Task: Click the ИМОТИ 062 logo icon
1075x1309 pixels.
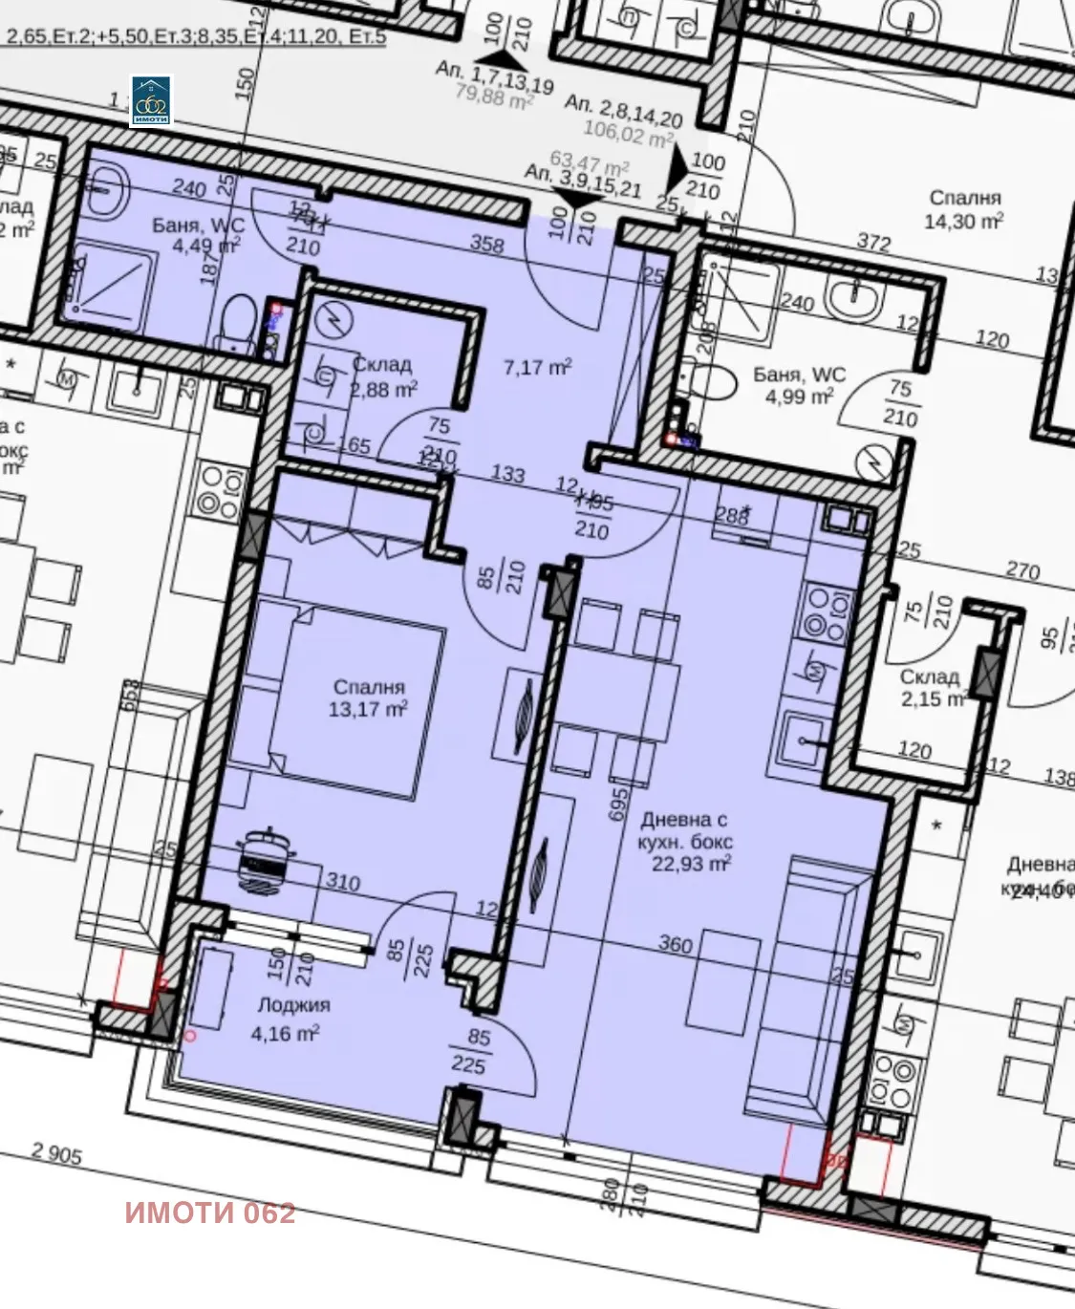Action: click(151, 100)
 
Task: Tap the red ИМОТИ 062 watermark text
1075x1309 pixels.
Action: click(210, 1212)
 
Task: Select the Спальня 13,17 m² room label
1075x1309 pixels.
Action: click(369, 698)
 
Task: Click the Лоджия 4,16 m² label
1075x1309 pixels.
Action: click(292, 1019)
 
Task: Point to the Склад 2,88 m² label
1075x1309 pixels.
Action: click(382, 376)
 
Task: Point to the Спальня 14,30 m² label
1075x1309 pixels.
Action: click(964, 209)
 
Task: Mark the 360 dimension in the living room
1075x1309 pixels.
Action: click(675, 944)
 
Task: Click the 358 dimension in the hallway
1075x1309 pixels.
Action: click(486, 245)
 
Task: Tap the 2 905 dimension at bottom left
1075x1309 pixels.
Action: click(57, 1153)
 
